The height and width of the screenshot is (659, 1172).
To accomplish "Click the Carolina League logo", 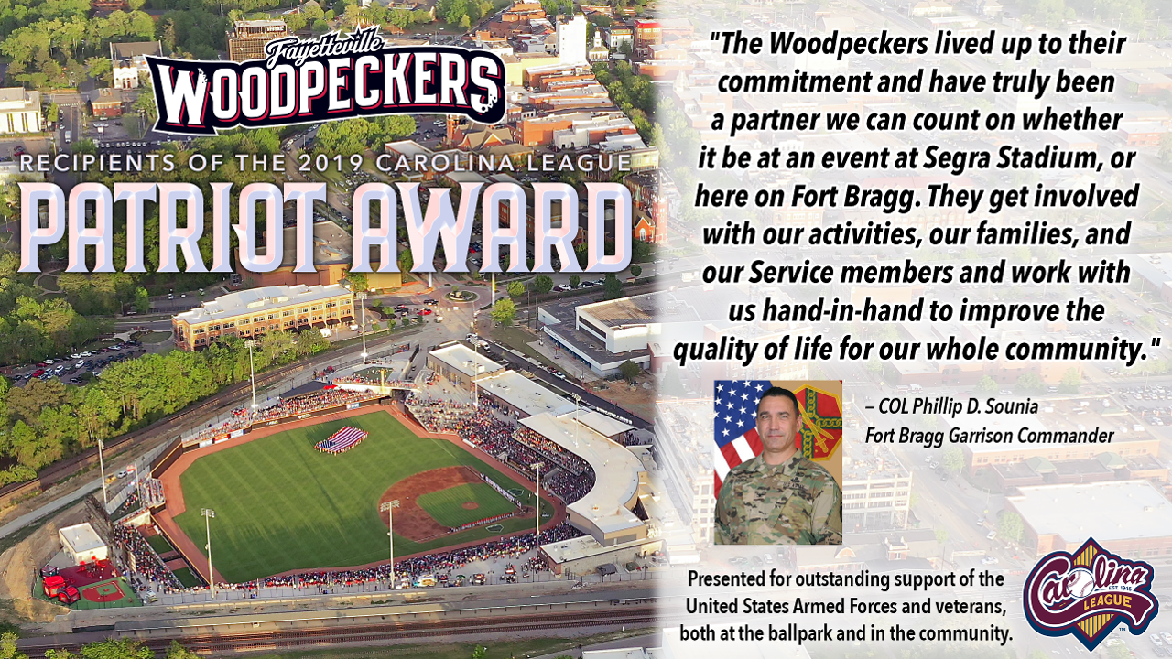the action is click(x=1090, y=595).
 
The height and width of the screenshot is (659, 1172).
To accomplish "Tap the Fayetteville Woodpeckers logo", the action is click(x=324, y=82).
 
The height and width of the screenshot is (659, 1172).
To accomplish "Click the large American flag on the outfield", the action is click(x=342, y=439).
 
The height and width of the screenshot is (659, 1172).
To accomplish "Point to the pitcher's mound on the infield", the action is click(x=470, y=506).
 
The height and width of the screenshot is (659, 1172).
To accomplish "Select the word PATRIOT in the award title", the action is click(x=181, y=228).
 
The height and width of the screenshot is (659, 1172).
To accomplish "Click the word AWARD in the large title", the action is click(x=491, y=228).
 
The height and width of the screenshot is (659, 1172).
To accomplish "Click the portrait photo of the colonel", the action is click(x=778, y=462).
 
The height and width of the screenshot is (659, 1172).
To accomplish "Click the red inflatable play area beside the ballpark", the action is click(x=60, y=583).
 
